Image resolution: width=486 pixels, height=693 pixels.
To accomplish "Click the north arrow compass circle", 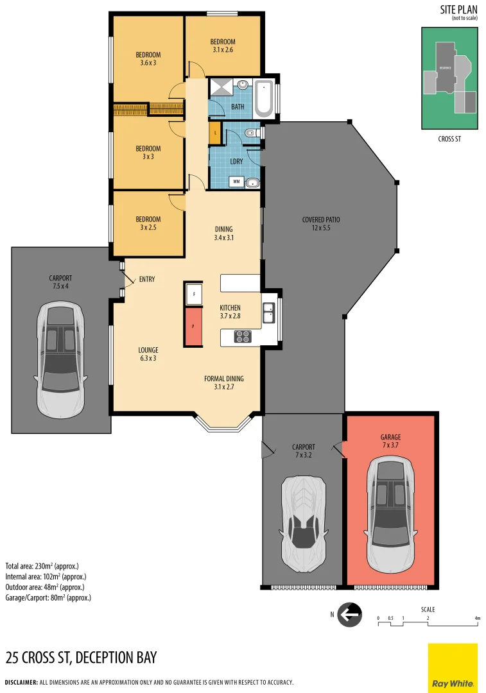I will click(349, 615).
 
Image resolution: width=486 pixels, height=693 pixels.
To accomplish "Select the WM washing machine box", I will click(236, 182).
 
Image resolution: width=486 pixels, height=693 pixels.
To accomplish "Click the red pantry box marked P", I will click(193, 326).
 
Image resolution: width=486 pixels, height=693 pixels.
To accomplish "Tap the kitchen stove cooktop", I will click(243, 336).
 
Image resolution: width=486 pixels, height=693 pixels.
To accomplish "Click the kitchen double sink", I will click(268, 313).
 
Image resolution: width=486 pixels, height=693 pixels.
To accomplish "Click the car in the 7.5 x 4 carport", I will click(60, 360).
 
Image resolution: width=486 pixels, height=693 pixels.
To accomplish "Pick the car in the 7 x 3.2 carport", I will click(302, 524).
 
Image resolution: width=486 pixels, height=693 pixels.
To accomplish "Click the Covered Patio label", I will click(320, 223).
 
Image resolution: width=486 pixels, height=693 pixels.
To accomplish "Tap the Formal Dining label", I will click(223, 382).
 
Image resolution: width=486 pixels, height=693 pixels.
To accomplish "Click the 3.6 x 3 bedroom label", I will click(148, 58).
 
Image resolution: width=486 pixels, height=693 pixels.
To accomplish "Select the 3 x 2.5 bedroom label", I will click(148, 223).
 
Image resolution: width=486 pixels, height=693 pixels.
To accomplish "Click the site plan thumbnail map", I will click(449, 78).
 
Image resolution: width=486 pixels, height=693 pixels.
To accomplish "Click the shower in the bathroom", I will click(221, 86).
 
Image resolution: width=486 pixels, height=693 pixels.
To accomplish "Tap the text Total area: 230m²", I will click(42, 566).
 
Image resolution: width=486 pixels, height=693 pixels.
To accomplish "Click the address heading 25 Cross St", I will click(81, 658).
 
